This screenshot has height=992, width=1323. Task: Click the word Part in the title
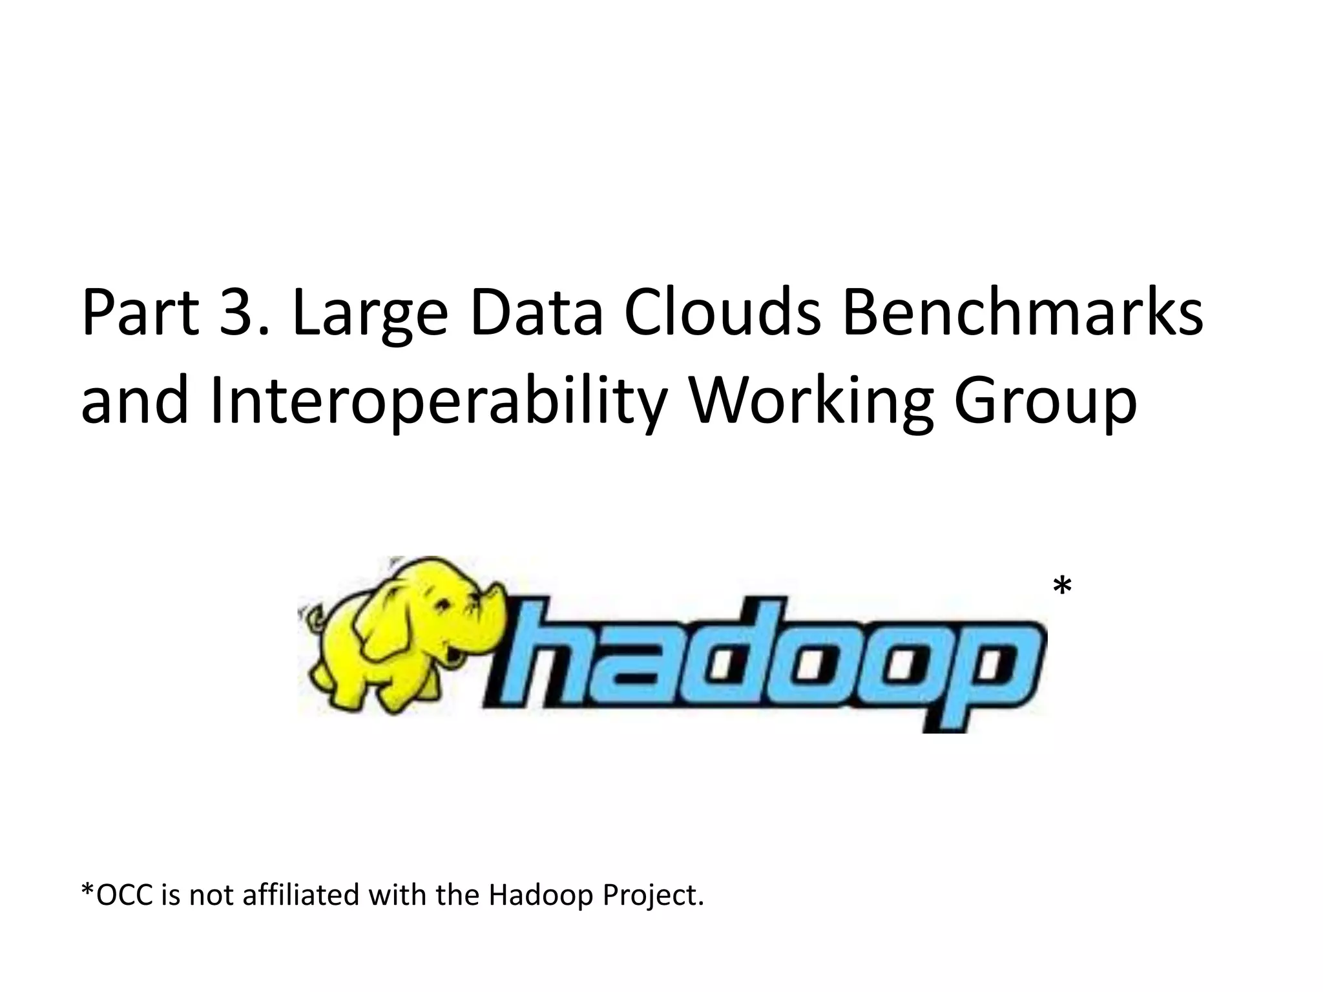coord(140,313)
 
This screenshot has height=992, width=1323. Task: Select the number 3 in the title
coord(236,313)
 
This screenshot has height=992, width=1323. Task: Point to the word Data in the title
coord(536,313)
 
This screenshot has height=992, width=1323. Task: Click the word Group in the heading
coord(1045,402)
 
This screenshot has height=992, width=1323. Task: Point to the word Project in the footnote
coord(652,895)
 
